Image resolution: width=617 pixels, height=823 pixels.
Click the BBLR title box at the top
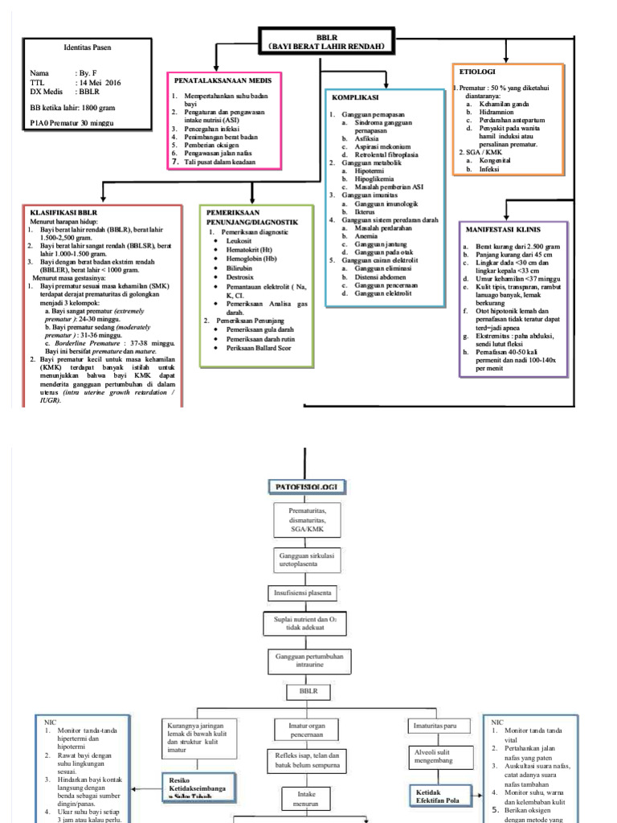click(x=327, y=42)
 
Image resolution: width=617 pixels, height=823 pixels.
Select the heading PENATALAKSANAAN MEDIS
click(x=223, y=80)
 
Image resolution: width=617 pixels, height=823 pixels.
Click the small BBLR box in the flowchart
click(x=308, y=690)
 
